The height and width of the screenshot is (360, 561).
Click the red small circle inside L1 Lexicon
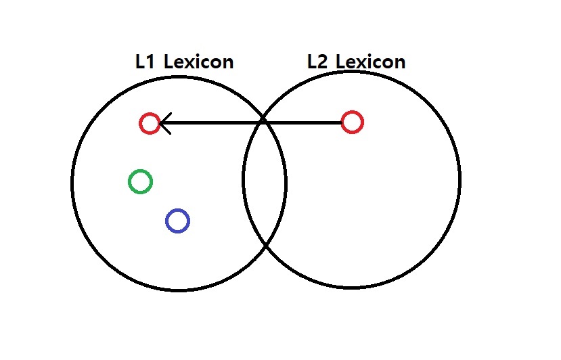[x=150, y=123]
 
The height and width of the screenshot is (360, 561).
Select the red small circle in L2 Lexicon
[x=352, y=122]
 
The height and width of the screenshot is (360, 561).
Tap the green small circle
[x=140, y=181]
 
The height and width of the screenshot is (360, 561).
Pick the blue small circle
[x=177, y=221]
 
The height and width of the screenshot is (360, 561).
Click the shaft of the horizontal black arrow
[x=257, y=123]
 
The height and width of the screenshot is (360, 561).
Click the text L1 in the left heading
[x=145, y=62]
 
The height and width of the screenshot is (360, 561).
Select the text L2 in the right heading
[x=317, y=62]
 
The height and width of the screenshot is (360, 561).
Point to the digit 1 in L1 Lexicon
[x=150, y=62]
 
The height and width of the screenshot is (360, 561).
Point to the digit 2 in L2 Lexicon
[x=323, y=62]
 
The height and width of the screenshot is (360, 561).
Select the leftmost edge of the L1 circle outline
[x=72, y=183]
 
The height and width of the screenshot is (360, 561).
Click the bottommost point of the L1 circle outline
[x=179, y=290]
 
